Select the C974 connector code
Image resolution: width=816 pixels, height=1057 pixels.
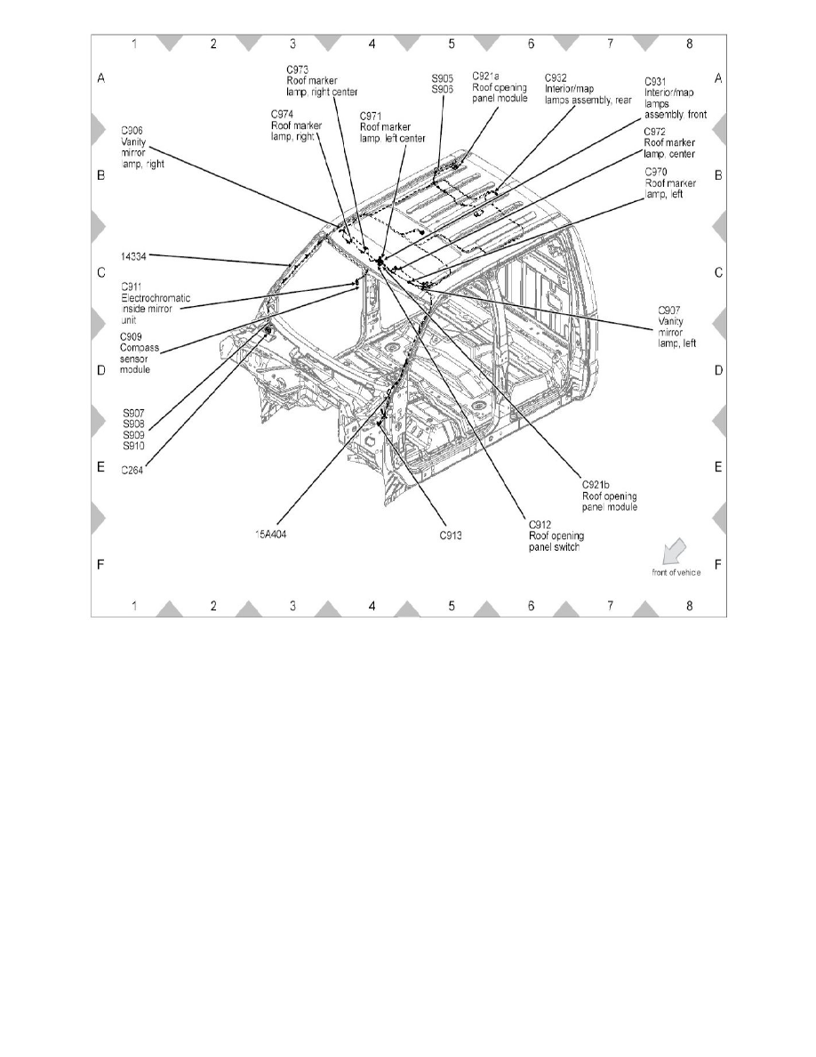click(283, 114)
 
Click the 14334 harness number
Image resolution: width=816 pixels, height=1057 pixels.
click(135, 255)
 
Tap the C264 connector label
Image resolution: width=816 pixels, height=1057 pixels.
click(132, 472)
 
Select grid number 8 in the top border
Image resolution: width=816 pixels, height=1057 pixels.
click(690, 43)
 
